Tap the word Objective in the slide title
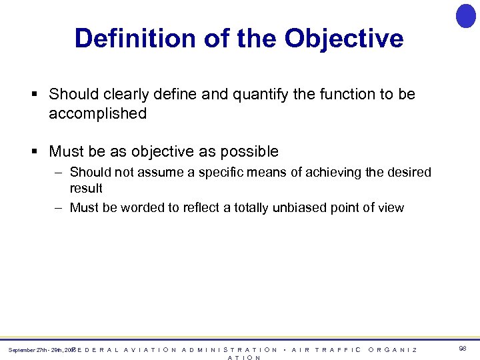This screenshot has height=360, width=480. coord(344,39)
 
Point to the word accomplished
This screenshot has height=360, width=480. coord(97,113)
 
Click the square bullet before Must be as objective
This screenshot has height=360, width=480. coord(33,151)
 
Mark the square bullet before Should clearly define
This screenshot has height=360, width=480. coord(33,95)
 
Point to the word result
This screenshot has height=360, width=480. coord(86,188)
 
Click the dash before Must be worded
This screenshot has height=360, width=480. coord(59,207)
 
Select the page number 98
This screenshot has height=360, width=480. coord(463,349)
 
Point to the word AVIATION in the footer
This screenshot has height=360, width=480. coord(151,349)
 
